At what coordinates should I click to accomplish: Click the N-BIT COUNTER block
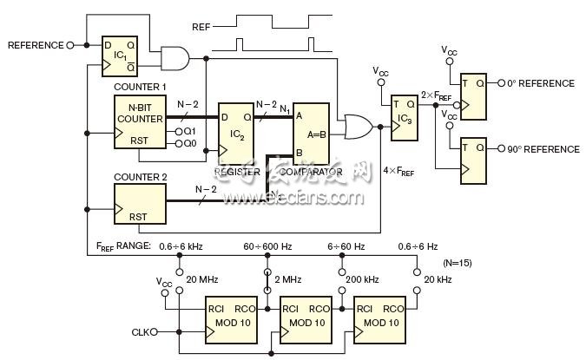[x=140, y=122]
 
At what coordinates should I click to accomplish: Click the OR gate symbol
[x=356, y=128]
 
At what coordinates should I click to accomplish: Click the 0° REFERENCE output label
[x=542, y=84]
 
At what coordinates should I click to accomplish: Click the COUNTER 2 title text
[x=140, y=177]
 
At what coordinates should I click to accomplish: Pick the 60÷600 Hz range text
[x=267, y=246]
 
